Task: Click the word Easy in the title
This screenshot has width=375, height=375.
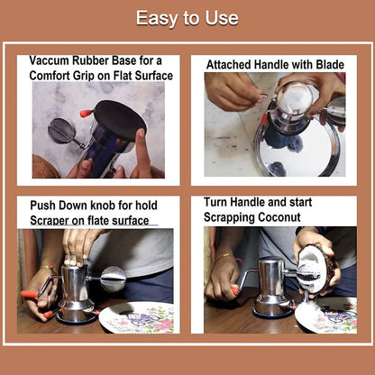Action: pos(153,18)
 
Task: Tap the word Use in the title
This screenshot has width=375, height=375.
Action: pos(222,18)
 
